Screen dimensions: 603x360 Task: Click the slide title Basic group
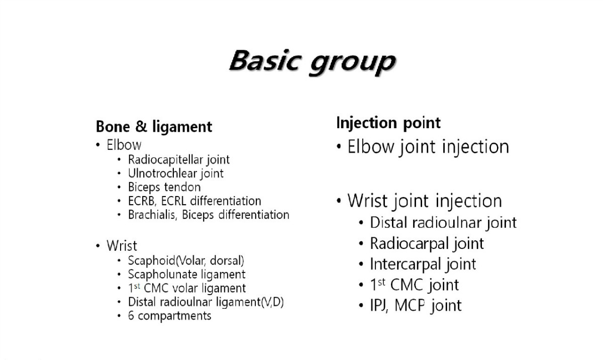click(312, 62)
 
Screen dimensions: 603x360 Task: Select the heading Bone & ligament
click(154, 127)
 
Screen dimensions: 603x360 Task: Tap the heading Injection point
click(388, 123)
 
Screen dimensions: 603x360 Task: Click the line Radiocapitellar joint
click(179, 160)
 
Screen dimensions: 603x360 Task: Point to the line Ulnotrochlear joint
click(176, 173)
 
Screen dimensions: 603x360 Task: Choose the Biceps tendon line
click(164, 187)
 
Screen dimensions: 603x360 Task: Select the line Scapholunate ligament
click(186, 275)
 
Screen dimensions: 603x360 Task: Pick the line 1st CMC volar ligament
click(187, 288)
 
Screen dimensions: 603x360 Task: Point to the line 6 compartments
click(170, 316)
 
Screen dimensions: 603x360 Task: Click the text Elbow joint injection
click(428, 147)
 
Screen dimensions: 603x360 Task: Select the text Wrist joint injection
click(425, 201)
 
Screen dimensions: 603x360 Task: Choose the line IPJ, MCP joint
click(416, 306)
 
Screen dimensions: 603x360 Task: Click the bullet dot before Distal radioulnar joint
click(361, 223)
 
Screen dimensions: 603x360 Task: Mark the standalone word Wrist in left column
click(122, 245)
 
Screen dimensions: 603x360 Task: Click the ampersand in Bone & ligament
click(141, 126)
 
